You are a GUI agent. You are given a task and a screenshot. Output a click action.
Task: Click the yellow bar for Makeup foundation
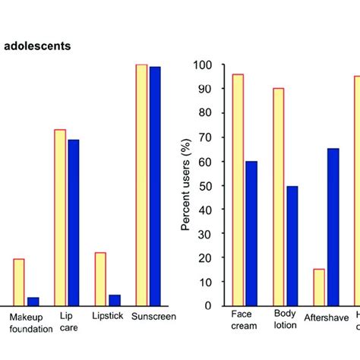coord(19,282)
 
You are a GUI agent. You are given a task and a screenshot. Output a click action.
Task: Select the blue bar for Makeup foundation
coord(33,301)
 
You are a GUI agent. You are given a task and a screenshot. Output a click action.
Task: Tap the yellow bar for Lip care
coord(60,217)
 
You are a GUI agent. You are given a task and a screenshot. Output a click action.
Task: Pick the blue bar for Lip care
coord(74,222)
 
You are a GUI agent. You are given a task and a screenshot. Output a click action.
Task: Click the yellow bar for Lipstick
coord(100,279)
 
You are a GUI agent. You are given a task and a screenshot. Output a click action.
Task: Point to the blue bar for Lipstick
coord(115,299)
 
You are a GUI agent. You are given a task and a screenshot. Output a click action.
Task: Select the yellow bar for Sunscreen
coord(141,185)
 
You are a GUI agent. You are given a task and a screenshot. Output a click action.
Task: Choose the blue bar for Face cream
coord(251,232)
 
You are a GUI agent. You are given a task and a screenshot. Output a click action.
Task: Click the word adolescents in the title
coord(37,46)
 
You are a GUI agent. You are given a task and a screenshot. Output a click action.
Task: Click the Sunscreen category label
coord(154,317)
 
